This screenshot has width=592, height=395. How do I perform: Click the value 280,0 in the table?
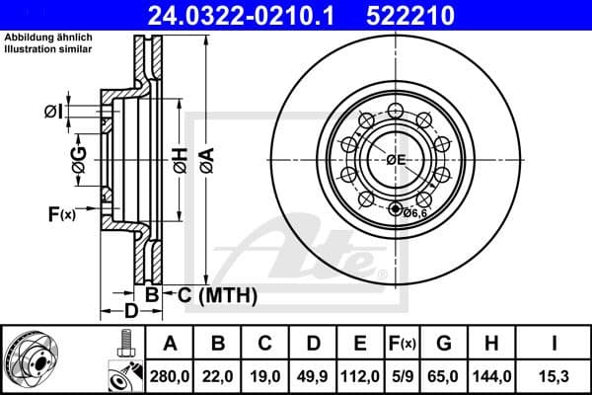[x=170, y=376]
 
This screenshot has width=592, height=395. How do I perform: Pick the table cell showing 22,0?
[x=218, y=376]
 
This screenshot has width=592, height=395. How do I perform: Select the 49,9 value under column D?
[x=313, y=376]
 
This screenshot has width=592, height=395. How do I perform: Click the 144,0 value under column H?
[x=490, y=376]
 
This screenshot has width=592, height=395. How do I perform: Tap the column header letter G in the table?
[x=444, y=343]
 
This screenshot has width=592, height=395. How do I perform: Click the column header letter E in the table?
[x=359, y=343]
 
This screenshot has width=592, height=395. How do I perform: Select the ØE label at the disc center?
[x=396, y=160]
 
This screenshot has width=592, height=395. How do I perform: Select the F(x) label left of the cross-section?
[x=60, y=213]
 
